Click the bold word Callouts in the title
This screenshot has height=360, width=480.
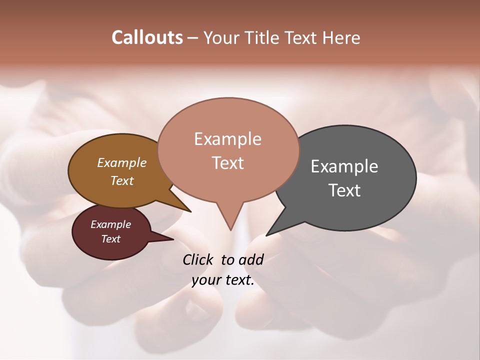tap(147, 37)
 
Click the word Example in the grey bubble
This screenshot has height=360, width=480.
tap(344, 166)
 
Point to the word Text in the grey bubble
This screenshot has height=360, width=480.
tap(344, 190)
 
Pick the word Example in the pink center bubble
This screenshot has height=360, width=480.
tap(227, 139)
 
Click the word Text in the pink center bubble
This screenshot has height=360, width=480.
tap(227, 163)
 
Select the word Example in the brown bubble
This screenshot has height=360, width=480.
tap(122, 163)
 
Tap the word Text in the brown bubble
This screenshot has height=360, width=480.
tap(122, 180)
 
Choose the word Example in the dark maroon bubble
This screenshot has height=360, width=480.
tap(111, 224)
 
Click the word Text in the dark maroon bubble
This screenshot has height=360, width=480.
tap(111, 239)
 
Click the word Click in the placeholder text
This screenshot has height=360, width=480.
tap(198, 259)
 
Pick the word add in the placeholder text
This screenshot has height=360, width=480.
tap(251, 259)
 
